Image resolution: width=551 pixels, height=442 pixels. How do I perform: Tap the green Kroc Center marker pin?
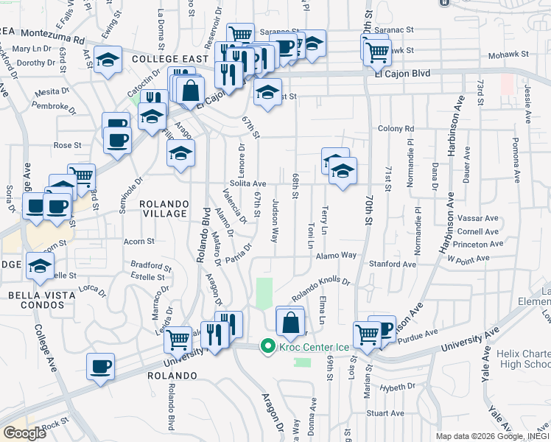(x=267, y=346)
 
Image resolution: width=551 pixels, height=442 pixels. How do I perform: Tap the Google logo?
(x=24, y=433)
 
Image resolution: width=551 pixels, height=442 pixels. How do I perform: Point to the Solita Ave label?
(x=247, y=183)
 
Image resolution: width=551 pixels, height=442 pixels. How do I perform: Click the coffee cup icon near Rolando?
(x=100, y=365)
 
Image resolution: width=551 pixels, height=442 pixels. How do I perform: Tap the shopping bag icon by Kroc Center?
(x=290, y=322)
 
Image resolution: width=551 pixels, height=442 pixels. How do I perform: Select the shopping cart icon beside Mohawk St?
(x=377, y=51)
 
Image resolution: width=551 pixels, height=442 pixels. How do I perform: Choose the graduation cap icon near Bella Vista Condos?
(x=40, y=267)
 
